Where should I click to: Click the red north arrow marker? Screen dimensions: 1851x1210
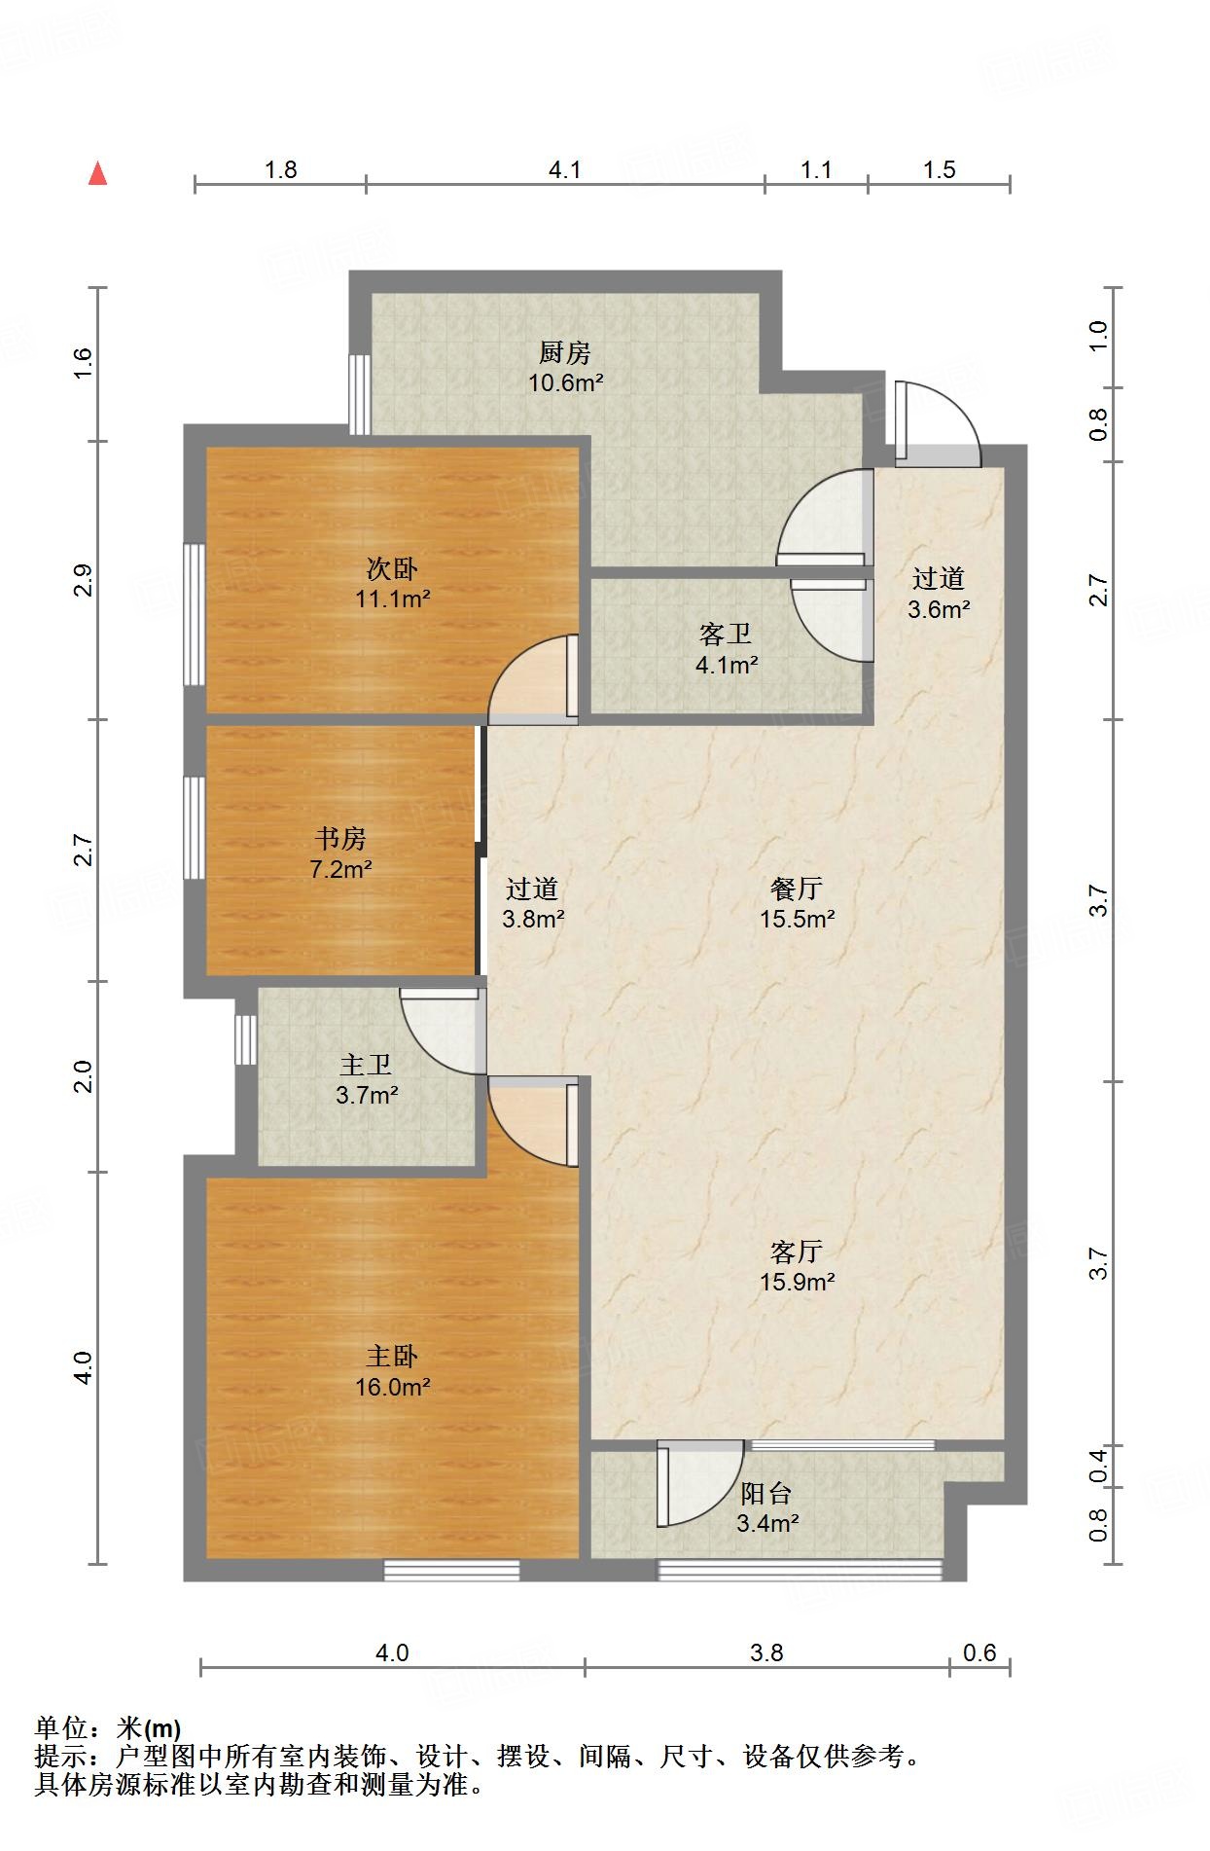[x=97, y=174]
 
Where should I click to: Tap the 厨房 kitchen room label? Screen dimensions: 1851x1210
[x=565, y=352]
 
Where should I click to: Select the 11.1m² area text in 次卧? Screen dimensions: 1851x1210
[x=392, y=599]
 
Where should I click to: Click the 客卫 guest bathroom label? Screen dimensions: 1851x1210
[x=726, y=635]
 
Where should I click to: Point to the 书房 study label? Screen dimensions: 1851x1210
[x=340, y=838]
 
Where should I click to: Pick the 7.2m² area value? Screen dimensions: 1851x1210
[x=340, y=869]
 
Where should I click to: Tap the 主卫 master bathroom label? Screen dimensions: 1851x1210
[x=366, y=1065]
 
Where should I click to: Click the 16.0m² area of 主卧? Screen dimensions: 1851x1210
[x=392, y=1387]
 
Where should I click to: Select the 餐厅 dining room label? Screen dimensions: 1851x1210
[x=797, y=888]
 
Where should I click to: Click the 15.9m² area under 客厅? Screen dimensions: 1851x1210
[x=797, y=1282]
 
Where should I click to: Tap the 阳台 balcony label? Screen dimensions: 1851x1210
[x=766, y=1493]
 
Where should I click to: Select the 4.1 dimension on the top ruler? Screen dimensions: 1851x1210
[x=564, y=170]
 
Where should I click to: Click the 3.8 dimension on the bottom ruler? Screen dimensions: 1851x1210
[x=766, y=1652]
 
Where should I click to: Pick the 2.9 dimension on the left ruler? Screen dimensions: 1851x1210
[x=84, y=580]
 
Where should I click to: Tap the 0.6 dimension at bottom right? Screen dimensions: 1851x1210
[x=979, y=1652]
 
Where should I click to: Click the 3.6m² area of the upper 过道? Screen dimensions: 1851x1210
[x=938, y=610]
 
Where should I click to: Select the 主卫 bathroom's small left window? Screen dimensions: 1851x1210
[x=246, y=1039]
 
